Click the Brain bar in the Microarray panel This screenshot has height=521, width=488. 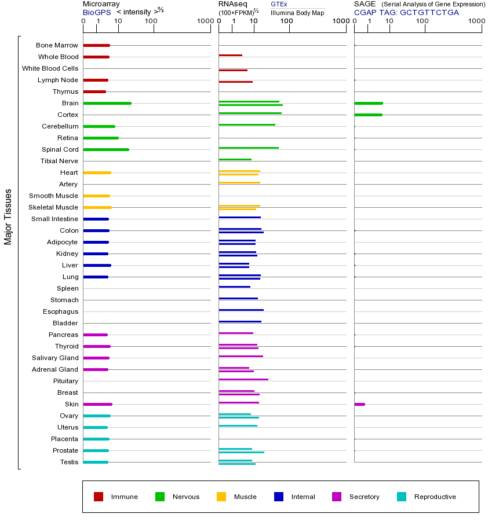point(107,103)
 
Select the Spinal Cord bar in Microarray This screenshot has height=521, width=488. point(106,149)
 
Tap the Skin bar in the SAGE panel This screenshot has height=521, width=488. point(359,404)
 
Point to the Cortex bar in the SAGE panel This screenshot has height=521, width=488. point(368,115)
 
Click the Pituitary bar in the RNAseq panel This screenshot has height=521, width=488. point(243,379)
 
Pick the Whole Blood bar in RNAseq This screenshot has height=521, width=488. point(230,55)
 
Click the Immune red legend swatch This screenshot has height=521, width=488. point(99,497)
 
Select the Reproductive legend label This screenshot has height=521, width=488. point(435,497)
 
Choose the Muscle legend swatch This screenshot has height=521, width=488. point(221,497)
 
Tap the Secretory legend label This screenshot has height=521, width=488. point(364,497)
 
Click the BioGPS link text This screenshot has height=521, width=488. point(96,12)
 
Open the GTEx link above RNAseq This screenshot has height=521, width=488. point(279,4)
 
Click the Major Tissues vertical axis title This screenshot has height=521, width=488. point(8,217)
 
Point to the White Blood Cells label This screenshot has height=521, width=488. point(50,68)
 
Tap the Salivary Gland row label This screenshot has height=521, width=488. point(55,358)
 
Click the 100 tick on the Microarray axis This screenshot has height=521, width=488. point(151,21)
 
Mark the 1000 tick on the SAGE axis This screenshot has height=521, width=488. point(476,21)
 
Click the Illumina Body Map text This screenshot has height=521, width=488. point(297,12)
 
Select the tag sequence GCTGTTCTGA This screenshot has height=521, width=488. point(429,12)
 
